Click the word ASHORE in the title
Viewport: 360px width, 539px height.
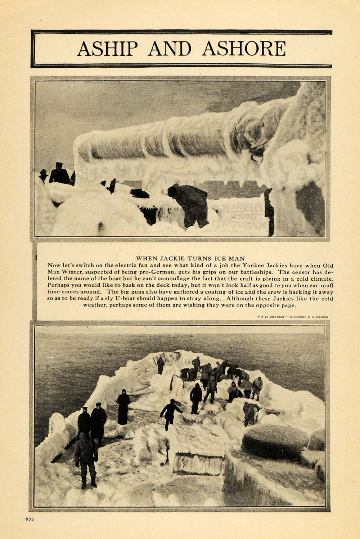[244, 49]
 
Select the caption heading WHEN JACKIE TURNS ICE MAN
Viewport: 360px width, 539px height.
[190, 258]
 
